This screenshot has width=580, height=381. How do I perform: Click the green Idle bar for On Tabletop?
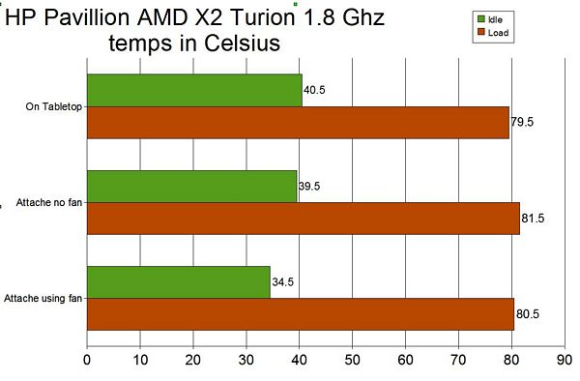(x=194, y=91)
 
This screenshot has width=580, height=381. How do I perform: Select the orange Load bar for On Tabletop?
(x=298, y=123)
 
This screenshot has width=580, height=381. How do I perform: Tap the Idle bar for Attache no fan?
(x=192, y=187)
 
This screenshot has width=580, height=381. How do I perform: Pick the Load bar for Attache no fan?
(x=304, y=219)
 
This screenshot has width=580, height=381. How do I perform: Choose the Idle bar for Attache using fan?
(x=179, y=282)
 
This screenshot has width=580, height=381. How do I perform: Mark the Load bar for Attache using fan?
(x=301, y=314)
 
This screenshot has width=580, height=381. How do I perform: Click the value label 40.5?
(x=314, y=90)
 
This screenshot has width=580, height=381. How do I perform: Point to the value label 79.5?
(x=522, y=122)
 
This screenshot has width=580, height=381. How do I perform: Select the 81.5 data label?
(x=533, y=219)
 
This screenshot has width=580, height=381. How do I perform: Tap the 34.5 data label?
(x=282, y=282)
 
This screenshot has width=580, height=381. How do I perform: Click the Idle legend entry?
(x=490, y=19)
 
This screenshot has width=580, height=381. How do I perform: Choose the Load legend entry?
(x=493, y=33)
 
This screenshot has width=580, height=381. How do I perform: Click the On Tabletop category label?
(x=53, y=107)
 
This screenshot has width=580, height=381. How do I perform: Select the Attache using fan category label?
(x=43, y=298)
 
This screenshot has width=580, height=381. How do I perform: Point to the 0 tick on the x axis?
(x=87, y=360)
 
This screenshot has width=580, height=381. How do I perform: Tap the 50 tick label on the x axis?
(x=352, y=360)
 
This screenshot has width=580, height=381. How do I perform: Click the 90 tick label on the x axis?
(x=565, y=360)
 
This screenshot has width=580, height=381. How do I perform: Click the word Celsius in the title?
(x=242, y=43)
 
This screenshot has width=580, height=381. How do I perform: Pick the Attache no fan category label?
(x=49, y=202)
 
